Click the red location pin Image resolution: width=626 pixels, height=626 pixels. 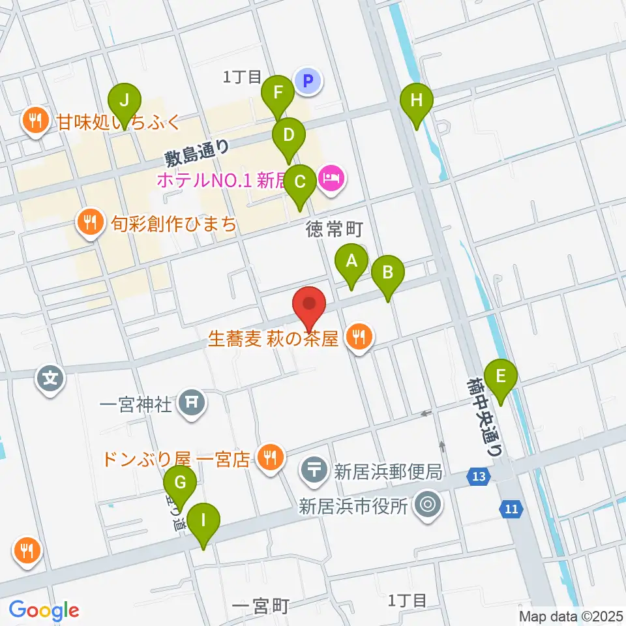click(309, 307)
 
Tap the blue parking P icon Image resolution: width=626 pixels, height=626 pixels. click(308, 82)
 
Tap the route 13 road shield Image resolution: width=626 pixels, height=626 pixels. click(479, 477)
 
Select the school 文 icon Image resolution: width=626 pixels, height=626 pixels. click(52, 378)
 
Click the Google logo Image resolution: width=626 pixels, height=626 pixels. click(44, 610)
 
